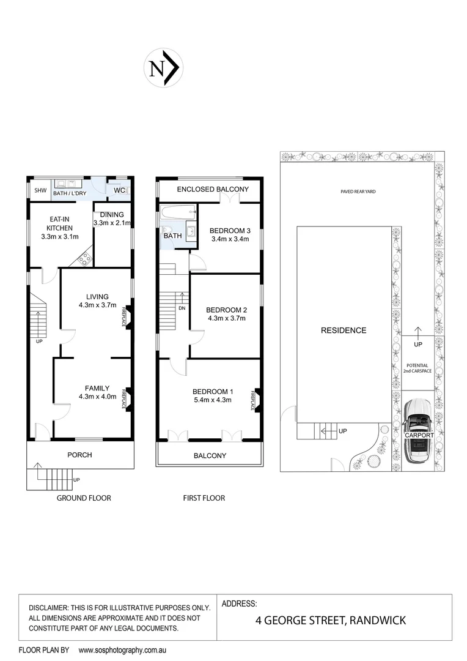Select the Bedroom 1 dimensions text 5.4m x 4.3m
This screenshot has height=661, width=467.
[213, 401]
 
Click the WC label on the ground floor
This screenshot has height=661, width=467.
[120, 191]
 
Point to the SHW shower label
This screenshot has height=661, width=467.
[40, 191]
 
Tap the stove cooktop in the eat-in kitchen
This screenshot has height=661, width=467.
[83, 259]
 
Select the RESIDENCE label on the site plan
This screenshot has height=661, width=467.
[344, 330]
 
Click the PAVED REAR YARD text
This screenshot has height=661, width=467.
[358, 192]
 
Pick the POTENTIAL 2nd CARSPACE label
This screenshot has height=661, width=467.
[418, 368]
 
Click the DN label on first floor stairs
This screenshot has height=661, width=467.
[182, 308]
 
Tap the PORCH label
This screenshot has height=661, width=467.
[80, 455]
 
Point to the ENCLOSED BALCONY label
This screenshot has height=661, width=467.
[213, 190]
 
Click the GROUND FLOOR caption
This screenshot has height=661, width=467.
[84, 498]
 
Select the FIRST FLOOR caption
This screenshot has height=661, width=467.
[204, 498]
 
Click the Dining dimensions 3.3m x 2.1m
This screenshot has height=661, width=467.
[112, 223]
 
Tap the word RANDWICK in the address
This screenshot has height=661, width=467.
[376, 621]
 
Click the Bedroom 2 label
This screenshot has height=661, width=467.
[226, 309]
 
